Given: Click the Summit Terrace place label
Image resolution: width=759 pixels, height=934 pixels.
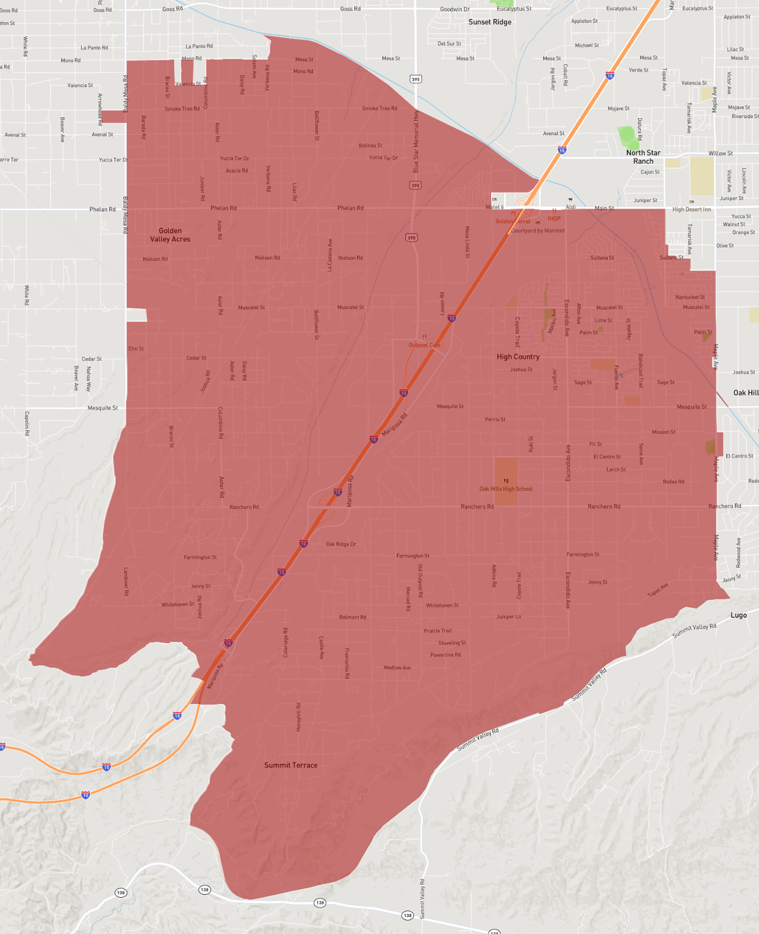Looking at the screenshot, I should point(291,765).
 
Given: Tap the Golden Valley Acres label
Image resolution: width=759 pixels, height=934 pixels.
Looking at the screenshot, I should point(170,235).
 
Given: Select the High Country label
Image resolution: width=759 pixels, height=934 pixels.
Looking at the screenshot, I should point(518,356).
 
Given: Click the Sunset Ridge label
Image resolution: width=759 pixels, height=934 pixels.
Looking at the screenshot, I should point(490,22).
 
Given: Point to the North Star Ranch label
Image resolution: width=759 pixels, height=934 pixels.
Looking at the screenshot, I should point(643,157).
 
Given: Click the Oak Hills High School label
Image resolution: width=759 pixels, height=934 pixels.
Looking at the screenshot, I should point(506,489).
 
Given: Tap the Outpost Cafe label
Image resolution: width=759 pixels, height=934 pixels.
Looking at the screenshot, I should point(425,345).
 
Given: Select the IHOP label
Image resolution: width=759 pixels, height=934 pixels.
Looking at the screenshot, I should point(554,219).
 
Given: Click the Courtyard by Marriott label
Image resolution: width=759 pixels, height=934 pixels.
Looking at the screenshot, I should point(538,231).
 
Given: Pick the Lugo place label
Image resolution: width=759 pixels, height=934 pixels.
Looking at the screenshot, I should point(739,615).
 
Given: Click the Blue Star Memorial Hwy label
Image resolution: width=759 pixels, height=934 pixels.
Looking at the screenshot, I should point(416,142).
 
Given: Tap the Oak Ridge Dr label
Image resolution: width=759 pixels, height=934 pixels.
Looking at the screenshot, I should point(341,544).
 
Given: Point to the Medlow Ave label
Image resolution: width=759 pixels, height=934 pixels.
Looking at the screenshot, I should point(397,668).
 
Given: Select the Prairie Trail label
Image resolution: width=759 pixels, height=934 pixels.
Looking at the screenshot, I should point(438,631).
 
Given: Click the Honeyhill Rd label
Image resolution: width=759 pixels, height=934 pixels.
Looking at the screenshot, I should point(298,717).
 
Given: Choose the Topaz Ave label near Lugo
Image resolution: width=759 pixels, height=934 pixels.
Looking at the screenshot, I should point(657,590).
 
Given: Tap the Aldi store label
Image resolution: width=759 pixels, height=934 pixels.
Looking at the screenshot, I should point(571,207).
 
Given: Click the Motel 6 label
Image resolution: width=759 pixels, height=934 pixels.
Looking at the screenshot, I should point(494,207).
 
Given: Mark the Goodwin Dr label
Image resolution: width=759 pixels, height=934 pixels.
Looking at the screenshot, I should point(455,9).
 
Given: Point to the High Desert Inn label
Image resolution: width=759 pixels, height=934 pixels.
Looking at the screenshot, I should point(692,210).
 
